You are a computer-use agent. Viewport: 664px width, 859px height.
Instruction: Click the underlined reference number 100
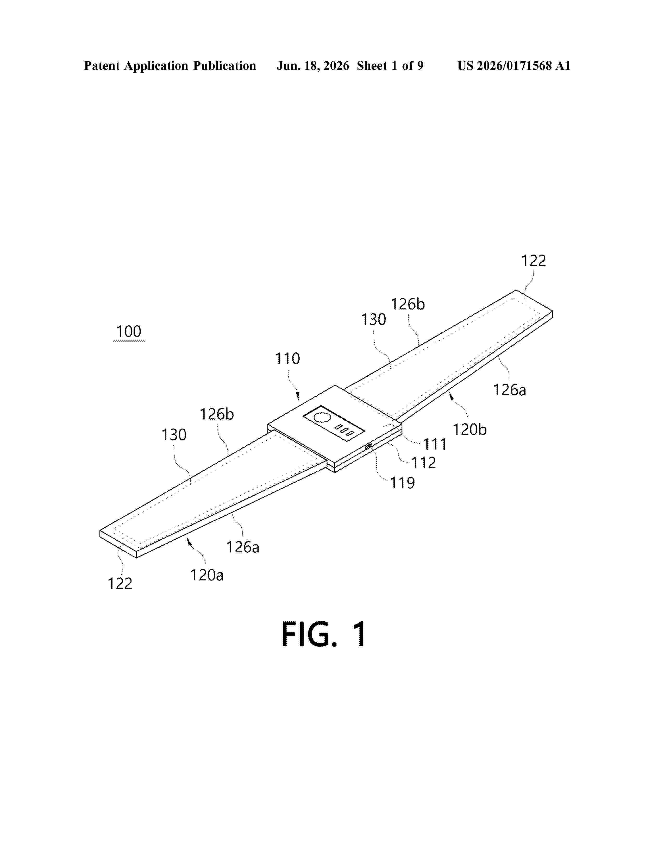129,332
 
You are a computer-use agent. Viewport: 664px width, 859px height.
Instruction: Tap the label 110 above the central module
287,359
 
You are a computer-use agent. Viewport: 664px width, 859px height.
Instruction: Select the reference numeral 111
435,444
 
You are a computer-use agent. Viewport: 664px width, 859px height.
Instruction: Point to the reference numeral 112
424,463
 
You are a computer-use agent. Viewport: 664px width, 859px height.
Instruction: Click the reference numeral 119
402,483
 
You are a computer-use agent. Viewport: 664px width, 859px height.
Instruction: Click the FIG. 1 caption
324,634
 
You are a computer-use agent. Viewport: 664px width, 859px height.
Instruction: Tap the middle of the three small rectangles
344,430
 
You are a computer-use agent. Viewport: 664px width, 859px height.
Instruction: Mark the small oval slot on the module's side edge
368,446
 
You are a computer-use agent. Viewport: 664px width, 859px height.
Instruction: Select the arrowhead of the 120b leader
452,399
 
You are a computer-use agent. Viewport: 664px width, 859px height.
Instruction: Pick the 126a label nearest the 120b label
509,390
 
